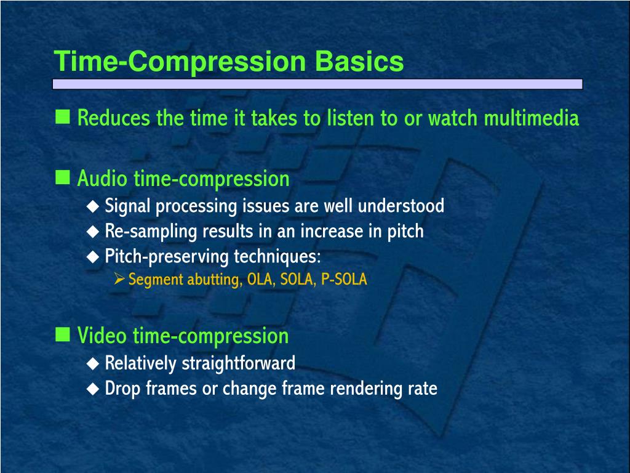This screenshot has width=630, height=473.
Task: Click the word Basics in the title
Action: click(360, 62)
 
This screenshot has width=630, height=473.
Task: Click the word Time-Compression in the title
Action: click(180, 62)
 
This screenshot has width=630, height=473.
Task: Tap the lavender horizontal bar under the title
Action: click(317, 84)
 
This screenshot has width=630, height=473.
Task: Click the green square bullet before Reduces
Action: click(62, 116)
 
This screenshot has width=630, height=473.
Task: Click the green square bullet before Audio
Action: click(62, 178)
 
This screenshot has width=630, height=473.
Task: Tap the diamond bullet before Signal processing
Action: click(92, 206)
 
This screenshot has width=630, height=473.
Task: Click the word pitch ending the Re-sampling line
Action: click(405, 232)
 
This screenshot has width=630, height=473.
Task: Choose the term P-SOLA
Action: click(344, 280)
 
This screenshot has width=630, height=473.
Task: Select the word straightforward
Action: click(238, 363)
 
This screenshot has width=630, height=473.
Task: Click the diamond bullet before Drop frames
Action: click(92, 389)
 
